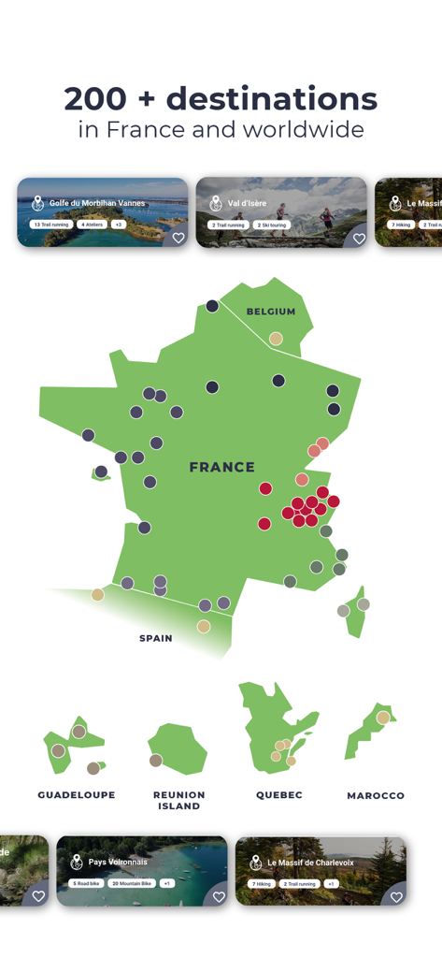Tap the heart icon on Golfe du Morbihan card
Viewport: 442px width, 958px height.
tap(178, 238)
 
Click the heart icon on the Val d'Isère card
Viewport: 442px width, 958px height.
tap(358, 238)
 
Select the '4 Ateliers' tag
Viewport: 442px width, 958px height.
tap(92, 225)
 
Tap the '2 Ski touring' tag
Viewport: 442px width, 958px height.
tap(271, 225)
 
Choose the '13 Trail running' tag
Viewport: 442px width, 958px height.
tap(51, 225)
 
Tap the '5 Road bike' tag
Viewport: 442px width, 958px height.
tap(86, 883)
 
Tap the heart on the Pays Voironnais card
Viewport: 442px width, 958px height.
tap(219, 896)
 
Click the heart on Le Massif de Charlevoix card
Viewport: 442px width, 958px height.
tap(396, 896)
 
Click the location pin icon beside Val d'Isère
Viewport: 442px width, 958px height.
tap(216, 203)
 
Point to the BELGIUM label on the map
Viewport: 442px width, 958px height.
tap(271, 312)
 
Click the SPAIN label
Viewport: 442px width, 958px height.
tap(156, 638)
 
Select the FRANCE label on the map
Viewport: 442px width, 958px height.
tap(221, 467)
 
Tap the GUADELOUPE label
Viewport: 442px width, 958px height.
tap(77, 795)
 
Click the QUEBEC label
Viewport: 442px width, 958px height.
tap(279, 795)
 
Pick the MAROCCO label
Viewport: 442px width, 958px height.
tap(376, 796)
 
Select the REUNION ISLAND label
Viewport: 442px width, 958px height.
tap(178, 800)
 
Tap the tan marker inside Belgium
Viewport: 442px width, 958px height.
tap(276, 339)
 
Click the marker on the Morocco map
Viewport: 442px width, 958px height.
tap(383, 718)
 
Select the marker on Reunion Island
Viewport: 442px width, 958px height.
tap(155, 761)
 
